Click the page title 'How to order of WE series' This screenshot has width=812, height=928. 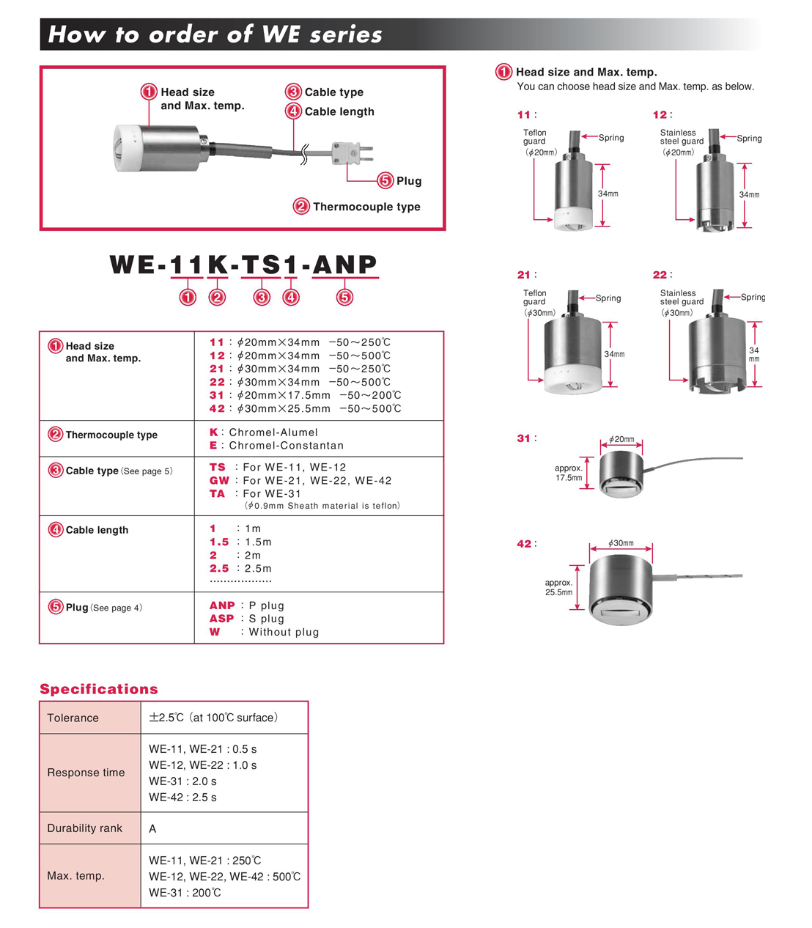pos(215,34)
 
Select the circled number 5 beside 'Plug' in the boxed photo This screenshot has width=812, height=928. pos(385,181)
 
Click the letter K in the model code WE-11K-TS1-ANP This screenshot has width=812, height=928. pos(218,265)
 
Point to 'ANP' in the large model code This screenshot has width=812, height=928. pos(345,265)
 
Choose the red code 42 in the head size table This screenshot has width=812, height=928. pos(217,409)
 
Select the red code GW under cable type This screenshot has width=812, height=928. pos(219,481)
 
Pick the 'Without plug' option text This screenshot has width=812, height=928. pos(284,633)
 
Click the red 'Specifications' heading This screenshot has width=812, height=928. pos(99,689)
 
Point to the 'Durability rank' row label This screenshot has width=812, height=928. pos(85,828)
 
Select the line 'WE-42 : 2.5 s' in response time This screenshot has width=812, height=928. pos(182,798)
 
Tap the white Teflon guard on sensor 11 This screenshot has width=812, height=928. pos(572,218)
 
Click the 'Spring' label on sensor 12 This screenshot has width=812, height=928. pos(749,138)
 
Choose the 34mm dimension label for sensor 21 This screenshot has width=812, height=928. pos(614,355)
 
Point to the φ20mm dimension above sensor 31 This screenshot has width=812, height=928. pos(621,439)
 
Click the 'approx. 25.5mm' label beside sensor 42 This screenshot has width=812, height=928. pos(558,588)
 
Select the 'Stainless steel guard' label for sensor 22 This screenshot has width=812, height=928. pos(681,298)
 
